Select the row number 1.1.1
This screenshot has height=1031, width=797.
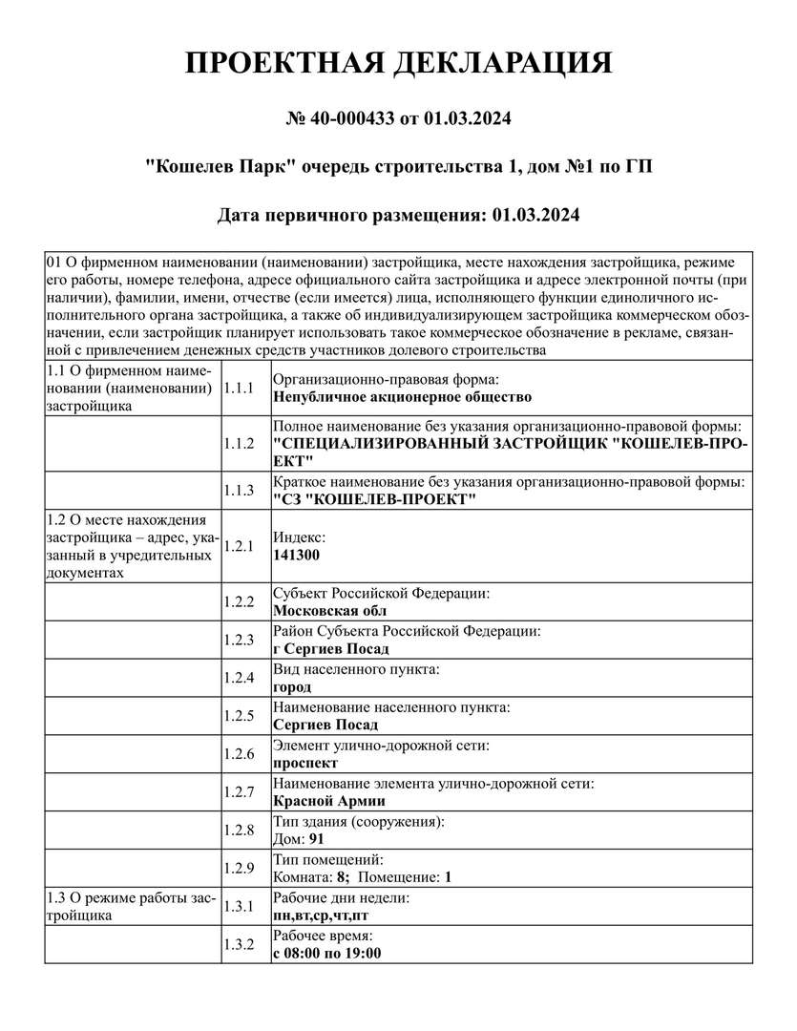click(x=238, y=388)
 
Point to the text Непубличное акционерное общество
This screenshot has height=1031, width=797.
click(x=402, y=396)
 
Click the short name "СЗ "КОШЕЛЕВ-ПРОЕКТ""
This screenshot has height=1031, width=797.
click(x=374, y=499)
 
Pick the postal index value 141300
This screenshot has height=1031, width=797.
click(x=297, y=555)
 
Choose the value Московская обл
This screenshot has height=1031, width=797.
click(x=329, y=611)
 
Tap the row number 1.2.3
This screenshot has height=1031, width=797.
click(x=238, y=641)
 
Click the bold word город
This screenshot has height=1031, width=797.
click(x=292, y=686)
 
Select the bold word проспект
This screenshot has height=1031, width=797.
click(x=305, y=763)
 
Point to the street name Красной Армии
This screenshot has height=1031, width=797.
click(x=329, y=801)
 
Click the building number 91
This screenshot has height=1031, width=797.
click(x=317, y=839)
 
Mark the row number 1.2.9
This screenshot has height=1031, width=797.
click(x=238, y=869)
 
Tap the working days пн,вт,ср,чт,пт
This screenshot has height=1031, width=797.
click(x=321, y=915)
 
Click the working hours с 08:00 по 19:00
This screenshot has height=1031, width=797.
click(x=327, y=953)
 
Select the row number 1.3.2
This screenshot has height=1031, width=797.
click(x=238, y=944)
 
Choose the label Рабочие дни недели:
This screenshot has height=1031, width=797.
click(x=342, y=899)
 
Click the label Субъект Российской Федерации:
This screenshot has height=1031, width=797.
click(x=382, y=594)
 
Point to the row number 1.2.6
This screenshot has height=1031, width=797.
click(x=238, y=754)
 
